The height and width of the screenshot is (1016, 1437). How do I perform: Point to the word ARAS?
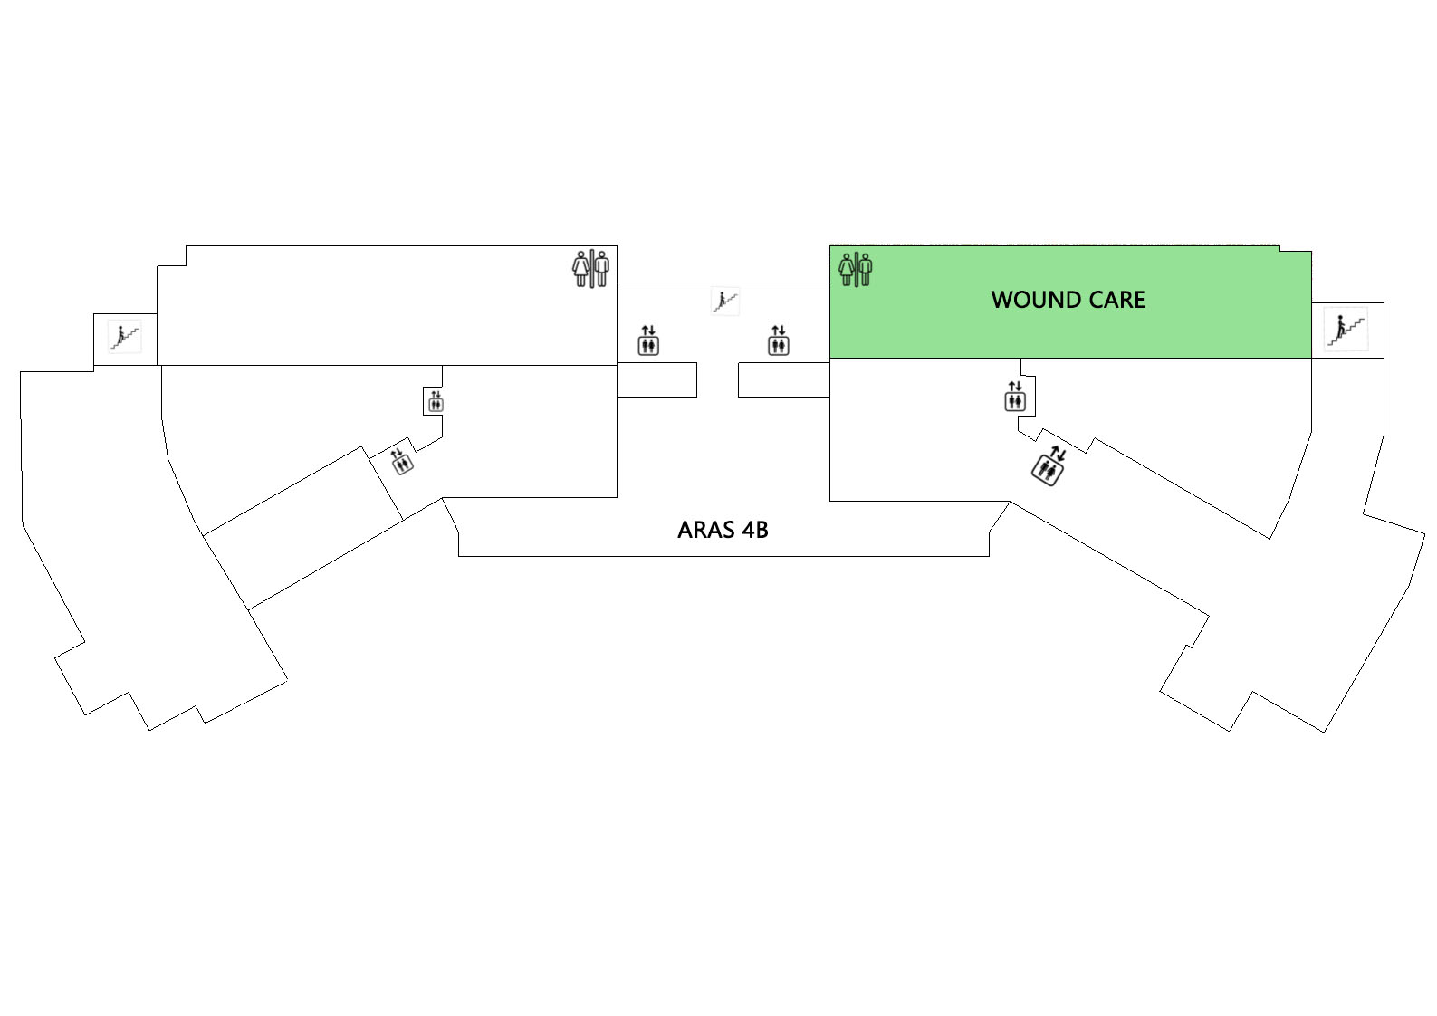click(705, 530)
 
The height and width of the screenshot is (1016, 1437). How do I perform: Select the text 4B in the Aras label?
click(755, 530)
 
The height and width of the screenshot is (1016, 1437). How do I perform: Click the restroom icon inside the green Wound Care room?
click(856, 269)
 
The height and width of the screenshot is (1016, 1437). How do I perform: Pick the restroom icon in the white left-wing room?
click(591, 268)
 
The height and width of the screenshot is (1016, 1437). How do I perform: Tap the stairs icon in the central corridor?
click(725, 301)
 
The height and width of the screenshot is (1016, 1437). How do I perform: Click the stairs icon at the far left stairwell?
click(124, 337)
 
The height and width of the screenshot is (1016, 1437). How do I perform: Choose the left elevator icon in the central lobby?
click(648, 340)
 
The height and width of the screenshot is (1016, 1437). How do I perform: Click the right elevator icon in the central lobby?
click(778, 340)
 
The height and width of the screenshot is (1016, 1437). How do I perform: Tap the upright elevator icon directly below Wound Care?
click(1015, 396)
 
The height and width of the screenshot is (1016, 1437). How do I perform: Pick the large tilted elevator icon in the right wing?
click(1049, 465)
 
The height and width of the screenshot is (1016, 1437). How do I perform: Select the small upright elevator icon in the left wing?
click(436, 401)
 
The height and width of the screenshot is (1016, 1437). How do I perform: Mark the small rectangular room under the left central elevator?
click(656, 379)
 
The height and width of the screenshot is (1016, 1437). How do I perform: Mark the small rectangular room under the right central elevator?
click(784, 379)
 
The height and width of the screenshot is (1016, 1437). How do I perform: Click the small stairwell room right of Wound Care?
click(1347, 331)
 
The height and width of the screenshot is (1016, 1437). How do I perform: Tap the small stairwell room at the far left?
click(125, 340)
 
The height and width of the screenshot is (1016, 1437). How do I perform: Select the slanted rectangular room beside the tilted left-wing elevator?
click(302, 528)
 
